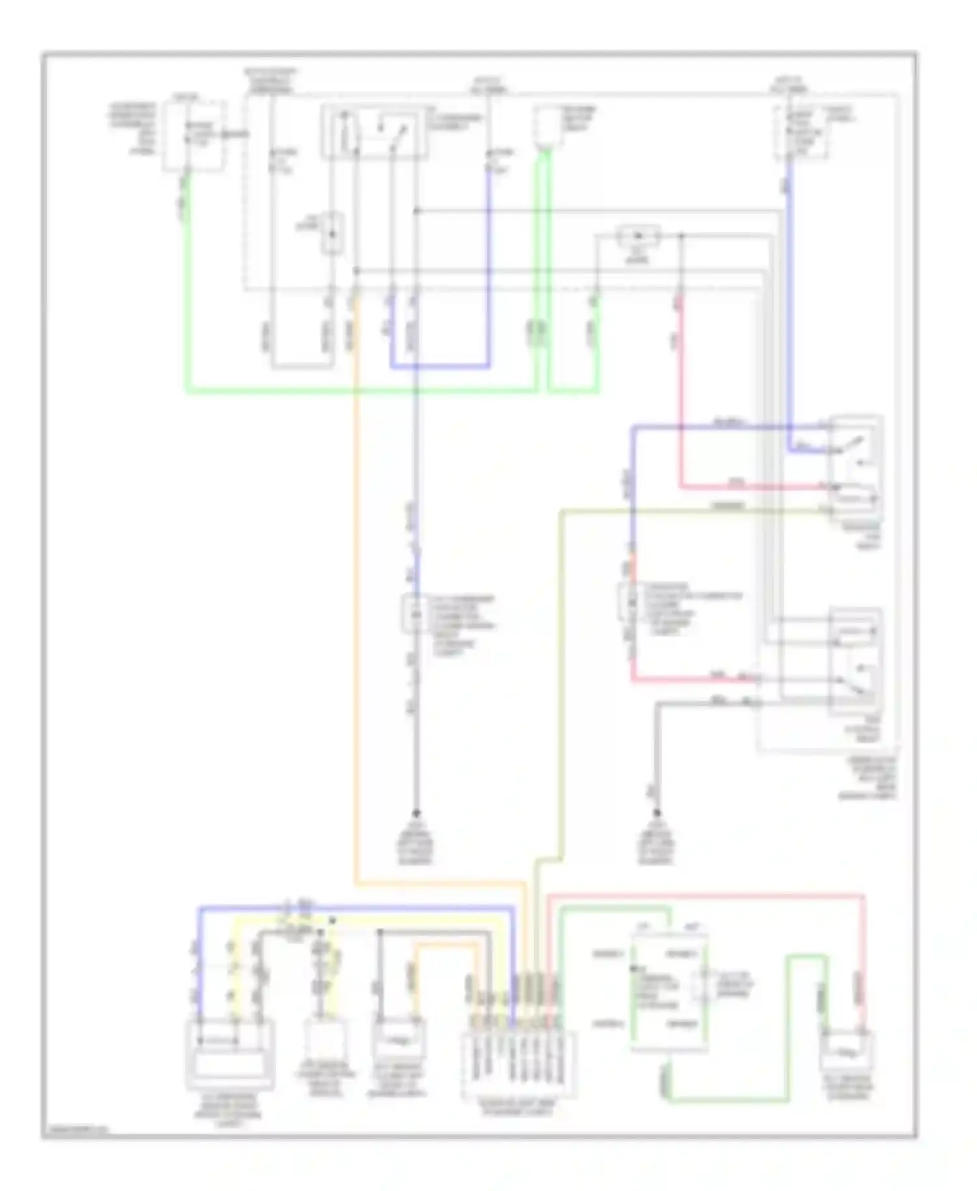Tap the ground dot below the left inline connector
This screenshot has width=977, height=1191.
click(416, 814)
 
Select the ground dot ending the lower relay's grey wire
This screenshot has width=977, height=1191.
click(657, 813)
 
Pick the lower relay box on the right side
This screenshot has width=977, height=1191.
click(855, 661)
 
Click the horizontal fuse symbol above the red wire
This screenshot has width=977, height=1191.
click(638, 236)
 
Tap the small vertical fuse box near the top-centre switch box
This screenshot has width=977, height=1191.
click(332, 233)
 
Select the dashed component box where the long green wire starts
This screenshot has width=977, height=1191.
click(194, 136)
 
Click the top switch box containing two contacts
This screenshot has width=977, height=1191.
click(375, 132)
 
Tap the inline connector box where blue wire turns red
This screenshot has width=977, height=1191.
click(630, 602)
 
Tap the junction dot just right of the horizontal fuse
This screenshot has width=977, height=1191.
click(681, 236)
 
